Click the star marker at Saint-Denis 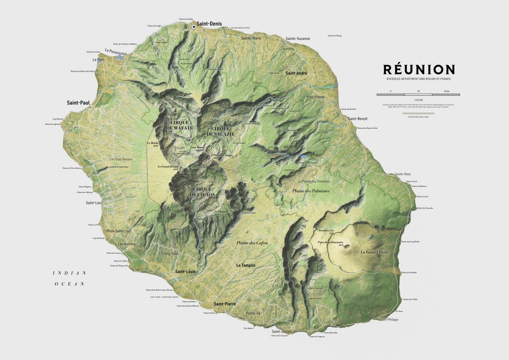[194, 27]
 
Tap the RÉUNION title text [419, 70]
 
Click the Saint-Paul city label [76, 103]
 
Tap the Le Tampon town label [246, 265]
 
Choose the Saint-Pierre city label [225, 304]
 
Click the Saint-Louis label [185, 271]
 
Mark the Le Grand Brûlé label [375, 252]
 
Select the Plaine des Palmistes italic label [311, 191]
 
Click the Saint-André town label [296, 73]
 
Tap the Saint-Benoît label [358, 119]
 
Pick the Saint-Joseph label [282, 331]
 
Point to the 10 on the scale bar [418, 91]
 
